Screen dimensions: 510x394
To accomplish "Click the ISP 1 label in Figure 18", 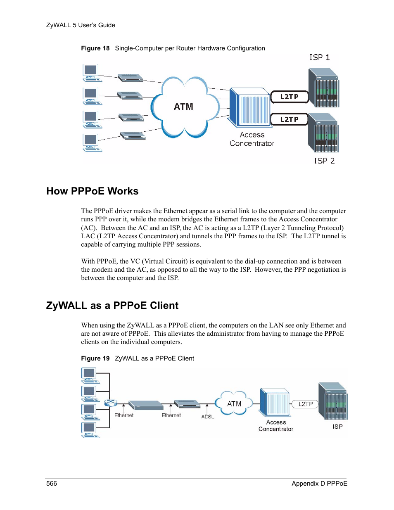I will click(319, 57).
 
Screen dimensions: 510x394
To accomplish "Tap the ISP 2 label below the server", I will click(324, 161).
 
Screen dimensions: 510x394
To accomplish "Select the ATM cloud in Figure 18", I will click(184, 107).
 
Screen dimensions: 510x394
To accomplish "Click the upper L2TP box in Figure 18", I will click(289, 97).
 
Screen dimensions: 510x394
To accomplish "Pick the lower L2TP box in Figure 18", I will click(289, 119).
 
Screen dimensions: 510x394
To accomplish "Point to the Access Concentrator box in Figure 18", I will click(250, 107).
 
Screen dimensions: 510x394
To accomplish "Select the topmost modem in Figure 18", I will click(130, 78).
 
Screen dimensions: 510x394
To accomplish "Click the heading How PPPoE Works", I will click(92, 191).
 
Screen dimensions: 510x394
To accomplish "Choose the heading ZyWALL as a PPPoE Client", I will click(112, 306).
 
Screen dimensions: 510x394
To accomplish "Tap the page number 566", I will click(52, 483).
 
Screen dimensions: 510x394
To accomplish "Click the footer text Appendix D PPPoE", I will click(319, 483).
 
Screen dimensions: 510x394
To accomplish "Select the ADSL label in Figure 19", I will click(208, 417).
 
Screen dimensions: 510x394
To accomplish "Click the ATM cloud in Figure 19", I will click(234, 403).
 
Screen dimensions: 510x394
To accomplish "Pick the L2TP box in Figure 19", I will click(306, 404).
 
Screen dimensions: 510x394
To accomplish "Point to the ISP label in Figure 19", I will click(337, 427).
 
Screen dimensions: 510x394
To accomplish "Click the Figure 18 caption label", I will click(95, 48).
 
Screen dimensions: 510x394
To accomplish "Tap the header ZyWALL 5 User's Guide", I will click(81, 25).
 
